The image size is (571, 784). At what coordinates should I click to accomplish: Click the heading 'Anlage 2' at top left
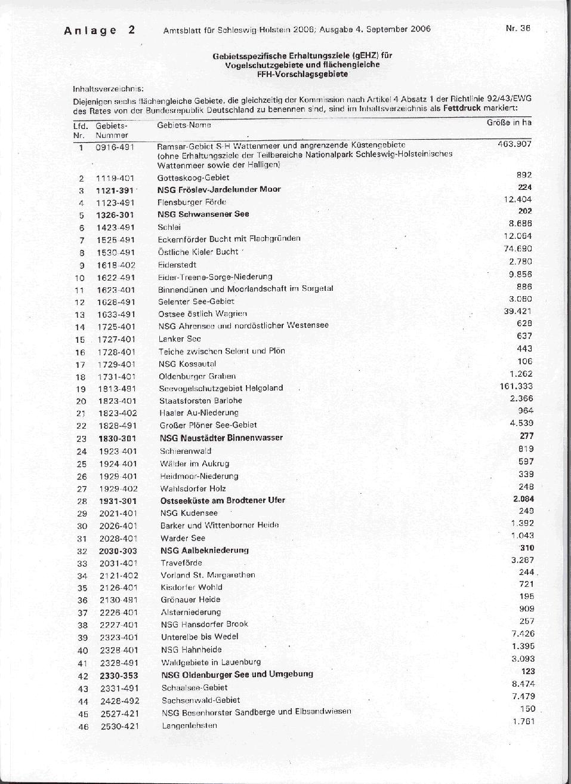pos(100,30)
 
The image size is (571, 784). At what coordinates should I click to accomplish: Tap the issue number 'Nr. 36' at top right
pos(517,27)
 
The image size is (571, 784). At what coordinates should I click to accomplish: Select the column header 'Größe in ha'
pos(509,122)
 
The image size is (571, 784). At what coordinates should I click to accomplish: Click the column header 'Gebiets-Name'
pos(184,125)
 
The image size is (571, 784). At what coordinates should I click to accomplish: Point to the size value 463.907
pos(514,144)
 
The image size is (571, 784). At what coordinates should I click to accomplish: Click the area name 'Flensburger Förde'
pos(192,202)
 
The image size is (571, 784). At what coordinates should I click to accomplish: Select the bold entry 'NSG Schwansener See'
pos(203,214)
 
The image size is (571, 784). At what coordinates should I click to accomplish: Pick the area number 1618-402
pos(115,265)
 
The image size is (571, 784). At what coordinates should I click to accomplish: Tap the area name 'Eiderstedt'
pos(177,265)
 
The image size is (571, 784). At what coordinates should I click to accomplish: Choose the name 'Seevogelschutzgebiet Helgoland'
pos(221,388)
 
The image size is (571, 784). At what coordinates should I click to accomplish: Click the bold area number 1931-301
pos(117,500)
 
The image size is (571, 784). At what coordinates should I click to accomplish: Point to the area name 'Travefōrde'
pos(181,562)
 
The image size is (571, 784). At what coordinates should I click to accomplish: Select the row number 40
pos(82,650)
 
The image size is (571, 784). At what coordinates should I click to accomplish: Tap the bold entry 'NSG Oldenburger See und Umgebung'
pos(237,675)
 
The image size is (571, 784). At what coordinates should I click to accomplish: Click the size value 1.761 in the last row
pos(523,721)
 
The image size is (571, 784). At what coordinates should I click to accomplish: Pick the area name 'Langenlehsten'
pos(189,725)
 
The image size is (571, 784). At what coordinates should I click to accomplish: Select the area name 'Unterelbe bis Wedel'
pos(199,637)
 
